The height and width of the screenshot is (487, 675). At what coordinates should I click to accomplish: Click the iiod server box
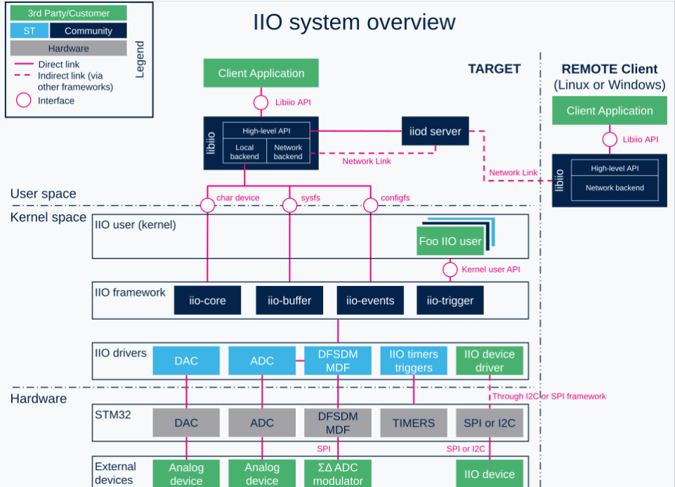(x=435, y=131)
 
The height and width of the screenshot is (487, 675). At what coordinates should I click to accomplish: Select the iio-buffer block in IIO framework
(x=289, y=300)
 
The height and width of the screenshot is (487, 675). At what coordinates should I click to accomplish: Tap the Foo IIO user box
(x=450, y=242)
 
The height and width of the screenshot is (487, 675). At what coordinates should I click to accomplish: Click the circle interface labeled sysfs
(x=289, y=205)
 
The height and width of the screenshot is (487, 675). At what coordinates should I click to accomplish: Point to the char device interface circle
(x=207, y=205)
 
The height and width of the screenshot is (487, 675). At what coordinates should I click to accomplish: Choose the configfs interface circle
(x=370, y=205)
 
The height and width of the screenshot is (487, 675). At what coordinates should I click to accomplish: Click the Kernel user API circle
(x=450, y=270)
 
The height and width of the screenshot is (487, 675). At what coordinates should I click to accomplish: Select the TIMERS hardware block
(x=413, y=423)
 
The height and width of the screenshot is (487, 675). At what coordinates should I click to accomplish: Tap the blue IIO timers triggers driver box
(x=413, y=361)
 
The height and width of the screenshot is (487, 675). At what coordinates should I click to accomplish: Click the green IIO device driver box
(x=490, y=361)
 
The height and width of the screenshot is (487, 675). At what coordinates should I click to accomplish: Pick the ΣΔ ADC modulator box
(x=338, y=474)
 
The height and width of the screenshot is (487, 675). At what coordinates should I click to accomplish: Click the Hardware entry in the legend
(x=68, y=48)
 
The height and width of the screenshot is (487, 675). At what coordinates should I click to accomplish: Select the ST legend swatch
(x=29, y=31)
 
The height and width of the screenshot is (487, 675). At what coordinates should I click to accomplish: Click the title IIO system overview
(x=354, y=22)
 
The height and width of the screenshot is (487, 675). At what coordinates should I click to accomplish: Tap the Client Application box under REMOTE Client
(x=609, y=111)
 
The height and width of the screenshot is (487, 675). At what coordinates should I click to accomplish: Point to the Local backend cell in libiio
(x=244, y=152)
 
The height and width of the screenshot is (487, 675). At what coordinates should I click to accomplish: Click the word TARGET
(x=494, y=69)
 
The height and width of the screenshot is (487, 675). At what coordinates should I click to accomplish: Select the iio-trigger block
(x=450, y=300)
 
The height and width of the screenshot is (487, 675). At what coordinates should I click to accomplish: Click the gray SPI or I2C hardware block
(x=490, y=423)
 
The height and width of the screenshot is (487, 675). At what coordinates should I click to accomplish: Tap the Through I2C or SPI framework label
(x=548, y=396)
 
